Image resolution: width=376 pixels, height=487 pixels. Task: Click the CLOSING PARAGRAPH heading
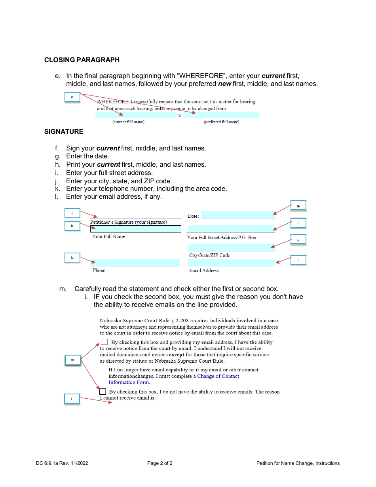82,60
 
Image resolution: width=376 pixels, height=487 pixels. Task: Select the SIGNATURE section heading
64,131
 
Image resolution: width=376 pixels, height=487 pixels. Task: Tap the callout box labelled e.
72,97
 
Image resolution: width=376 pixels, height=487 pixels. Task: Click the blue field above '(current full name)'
135,115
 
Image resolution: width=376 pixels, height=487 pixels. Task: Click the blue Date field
238,215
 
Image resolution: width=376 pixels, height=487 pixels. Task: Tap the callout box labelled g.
298,205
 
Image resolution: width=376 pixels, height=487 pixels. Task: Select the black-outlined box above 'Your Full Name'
136,229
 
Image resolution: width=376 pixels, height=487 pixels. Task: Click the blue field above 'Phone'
136,263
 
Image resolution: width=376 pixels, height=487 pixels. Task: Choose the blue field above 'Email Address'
231,263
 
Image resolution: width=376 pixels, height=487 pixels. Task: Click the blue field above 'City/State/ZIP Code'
231,247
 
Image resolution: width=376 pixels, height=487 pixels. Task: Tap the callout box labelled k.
72,258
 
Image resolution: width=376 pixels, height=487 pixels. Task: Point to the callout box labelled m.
72,360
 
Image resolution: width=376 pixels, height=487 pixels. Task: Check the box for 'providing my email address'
104,342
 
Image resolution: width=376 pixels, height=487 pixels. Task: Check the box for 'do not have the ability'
103,391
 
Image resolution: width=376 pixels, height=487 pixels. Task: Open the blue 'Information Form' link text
129,382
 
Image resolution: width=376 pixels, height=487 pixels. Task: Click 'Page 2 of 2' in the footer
160,463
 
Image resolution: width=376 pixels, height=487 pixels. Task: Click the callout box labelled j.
298,239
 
